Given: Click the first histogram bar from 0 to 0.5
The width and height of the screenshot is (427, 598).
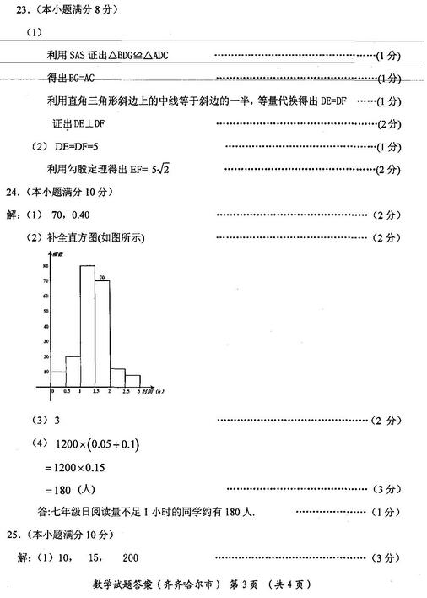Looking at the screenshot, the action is pyautogui.click(x=59, y=378).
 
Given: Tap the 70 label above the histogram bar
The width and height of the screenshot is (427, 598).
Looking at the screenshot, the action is pyautogui.click(x=100, y=277).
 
